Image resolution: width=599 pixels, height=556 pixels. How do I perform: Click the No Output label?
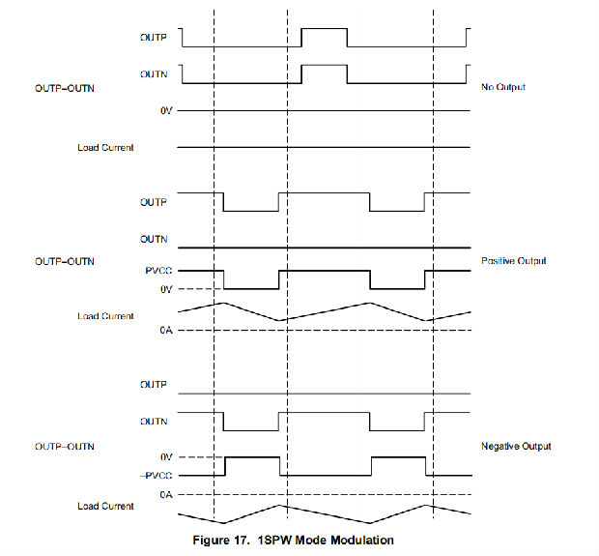502,89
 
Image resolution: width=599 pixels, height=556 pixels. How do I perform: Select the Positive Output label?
512,261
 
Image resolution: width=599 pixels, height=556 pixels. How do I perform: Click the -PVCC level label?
156,475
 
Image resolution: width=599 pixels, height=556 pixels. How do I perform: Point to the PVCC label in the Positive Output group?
159,272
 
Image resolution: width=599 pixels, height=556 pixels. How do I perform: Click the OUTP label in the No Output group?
153,38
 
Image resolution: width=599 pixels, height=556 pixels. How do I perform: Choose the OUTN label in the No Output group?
153,73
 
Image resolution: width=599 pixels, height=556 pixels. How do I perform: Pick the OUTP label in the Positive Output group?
153,201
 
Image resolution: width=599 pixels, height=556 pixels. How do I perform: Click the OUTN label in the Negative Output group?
153,422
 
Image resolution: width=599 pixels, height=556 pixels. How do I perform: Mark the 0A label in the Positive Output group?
164,332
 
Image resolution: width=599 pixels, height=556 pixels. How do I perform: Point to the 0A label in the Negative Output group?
164,493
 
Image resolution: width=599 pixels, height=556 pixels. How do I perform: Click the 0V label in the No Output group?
165,112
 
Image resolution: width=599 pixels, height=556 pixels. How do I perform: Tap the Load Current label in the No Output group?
105,148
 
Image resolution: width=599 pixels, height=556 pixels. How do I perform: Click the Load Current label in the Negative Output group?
105,506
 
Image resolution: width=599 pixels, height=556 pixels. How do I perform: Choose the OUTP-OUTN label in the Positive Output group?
65,261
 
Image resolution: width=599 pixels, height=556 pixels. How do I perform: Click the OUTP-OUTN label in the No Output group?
65,89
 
